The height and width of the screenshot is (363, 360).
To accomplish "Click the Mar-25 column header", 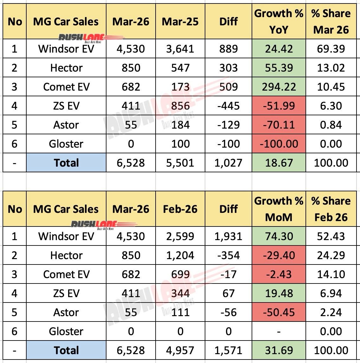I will coord(180,22).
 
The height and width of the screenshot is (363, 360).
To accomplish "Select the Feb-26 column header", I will coord(180,209).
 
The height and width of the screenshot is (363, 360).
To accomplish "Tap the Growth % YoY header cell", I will coord(279,22).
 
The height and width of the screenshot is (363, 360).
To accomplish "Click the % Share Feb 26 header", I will coord(331,209).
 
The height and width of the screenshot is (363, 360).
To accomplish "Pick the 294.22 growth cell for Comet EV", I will coord(279,87).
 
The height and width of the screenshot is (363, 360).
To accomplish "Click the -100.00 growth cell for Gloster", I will coord(279,144).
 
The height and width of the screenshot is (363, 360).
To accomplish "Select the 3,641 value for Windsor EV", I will coord(180,49).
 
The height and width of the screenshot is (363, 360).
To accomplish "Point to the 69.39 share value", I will coord(331,49).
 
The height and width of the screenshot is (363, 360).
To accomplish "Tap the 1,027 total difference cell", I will coord(228,163).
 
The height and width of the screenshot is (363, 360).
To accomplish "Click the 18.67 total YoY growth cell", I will coord(279,163).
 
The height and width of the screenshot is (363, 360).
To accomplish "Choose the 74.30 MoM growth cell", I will coord(279,236).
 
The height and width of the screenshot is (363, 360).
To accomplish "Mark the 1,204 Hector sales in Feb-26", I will coord(180,255).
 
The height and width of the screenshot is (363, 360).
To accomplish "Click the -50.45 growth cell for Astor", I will coord(279,312).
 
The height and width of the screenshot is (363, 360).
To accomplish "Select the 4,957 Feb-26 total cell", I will coord(180,350).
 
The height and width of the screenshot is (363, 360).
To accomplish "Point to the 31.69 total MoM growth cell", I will coord(279,350).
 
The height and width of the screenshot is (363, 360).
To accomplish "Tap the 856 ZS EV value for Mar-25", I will coord(180,106).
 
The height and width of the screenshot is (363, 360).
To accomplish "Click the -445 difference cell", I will coord(228,106).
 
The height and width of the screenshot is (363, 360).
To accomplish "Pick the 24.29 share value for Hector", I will coord(331,255).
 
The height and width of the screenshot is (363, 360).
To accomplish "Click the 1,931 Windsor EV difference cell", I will coord(228,236).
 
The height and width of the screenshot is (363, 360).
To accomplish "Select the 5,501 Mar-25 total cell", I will coord(180,163).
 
